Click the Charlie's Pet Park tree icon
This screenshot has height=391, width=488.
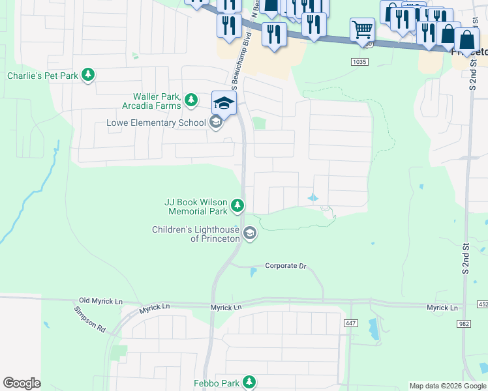click(88, 76)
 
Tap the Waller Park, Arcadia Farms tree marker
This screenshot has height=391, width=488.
click(191, 100)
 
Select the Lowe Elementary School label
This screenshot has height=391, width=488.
click(157, 123)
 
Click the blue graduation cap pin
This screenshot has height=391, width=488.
click(224, 103)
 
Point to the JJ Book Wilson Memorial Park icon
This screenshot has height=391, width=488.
click(237, 207)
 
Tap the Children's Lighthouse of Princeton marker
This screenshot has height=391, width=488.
click(249, 233)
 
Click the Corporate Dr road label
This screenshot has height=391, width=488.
click(285, 266)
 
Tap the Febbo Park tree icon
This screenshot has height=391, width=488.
click(248, 382)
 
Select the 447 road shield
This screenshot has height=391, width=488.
click(352, 324)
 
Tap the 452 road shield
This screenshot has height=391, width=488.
click(482, 304)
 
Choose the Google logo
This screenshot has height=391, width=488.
click(22, 383)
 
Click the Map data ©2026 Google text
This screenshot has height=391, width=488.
click(447, 386)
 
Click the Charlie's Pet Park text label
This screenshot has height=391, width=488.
click(42, 76)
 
